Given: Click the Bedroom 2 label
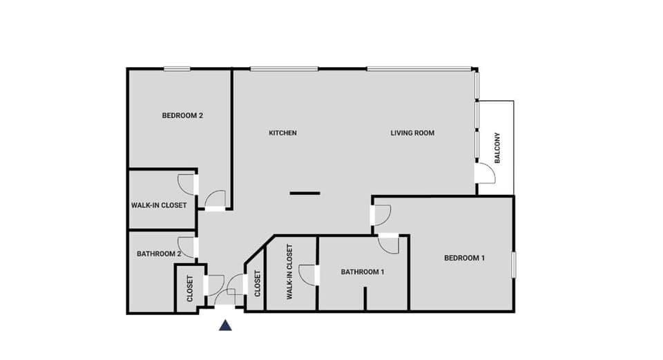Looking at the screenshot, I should (x=182, y=115).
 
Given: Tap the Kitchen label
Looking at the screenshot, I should (x=282, y=133).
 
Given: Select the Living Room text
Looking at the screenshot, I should (x=412, y=133).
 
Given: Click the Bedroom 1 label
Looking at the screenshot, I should (x=464, y=258).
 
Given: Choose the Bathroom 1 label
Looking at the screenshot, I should (x=362, y=272).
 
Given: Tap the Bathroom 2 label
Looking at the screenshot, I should (x=159, y=254).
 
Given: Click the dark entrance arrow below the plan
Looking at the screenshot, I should (x=225, y=325).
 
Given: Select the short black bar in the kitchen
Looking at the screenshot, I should (x=305, y=193).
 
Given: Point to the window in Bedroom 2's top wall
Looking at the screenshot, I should (x=177, y=68).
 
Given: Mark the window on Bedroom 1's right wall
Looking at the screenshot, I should (x=513, y=265).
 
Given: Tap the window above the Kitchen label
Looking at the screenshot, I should (x=284, y=68).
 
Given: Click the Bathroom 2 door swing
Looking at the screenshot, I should (x=186, y=246).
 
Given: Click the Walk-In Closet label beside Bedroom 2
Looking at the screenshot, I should (x=159, y=205).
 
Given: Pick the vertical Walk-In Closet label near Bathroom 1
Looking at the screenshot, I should (x=289, y=272).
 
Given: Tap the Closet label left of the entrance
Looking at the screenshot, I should (x=190, y=290).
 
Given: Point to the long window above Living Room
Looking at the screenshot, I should (x=419, y=68).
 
